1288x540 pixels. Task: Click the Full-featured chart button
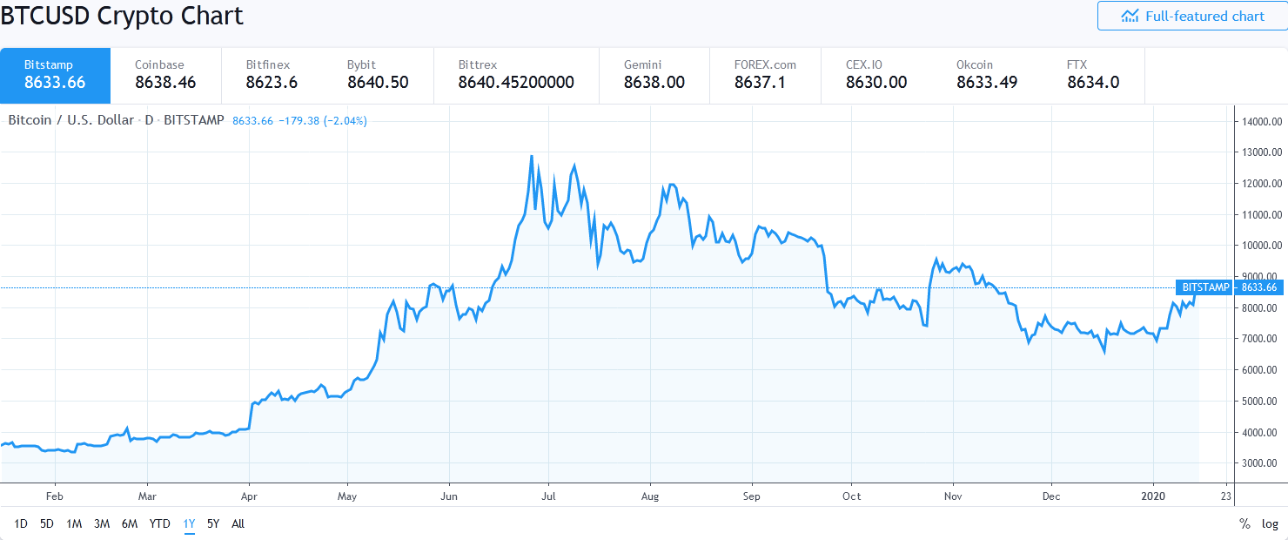(x=1191, y=17)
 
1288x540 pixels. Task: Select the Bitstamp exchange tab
(x=55, y=75)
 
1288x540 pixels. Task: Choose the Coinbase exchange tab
(x=165, y=75)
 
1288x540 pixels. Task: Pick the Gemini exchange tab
(x=654, y=75)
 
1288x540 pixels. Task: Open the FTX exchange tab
(x=1093, y=75)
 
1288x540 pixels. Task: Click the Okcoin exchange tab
(x=987, y=75)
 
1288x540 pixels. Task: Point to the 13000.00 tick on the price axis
(x=1258, y=152)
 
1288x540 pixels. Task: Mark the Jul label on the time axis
(x=549, y=496)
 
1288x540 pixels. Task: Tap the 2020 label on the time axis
(x=1153, y=496)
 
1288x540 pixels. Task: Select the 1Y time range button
(x=189, y=523)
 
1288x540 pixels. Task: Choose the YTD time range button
(x=159, y=523)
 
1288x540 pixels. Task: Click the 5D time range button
(x=47, y=523)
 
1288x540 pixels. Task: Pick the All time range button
(x=238, y=523)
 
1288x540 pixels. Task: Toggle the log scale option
(x=1270, y=523)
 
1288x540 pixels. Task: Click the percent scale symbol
(x=1244, y=523)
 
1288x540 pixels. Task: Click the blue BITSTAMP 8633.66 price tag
(x=1230, y=287)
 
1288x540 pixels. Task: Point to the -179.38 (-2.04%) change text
(x=321, y=121)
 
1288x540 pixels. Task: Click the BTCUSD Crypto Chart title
(x=122, y=16)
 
